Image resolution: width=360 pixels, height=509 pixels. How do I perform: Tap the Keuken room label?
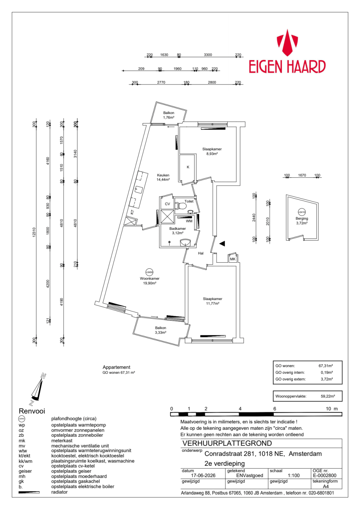pyautogui.click(x=163, y=175)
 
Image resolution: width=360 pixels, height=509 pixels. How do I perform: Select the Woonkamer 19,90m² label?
pyautogui.click(x=149, y=281)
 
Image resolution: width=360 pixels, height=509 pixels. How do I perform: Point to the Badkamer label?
pyautogui.click(x=177, y=228)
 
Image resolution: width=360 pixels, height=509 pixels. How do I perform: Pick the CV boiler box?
pyautogui.click(x=167, y=204)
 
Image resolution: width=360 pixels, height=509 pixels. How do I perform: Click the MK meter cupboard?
pyautogui.click(x=233, y=259)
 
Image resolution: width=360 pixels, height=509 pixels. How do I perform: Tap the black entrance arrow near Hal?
pyautogui.click(x=222, y=244)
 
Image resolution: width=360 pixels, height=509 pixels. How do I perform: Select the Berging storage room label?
pyautogui.click(x=302, y=219)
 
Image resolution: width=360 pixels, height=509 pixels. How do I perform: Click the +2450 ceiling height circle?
pyautogui.click(x=149, y=272)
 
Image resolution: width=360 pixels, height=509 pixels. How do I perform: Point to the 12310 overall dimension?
pyautogui.click(x=34, y=232)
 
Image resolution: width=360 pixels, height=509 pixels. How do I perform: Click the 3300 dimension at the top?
pyautogui.click(x=208, y=55)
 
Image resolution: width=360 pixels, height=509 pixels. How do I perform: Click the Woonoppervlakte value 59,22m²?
pyautogui.click(x=328, y=396)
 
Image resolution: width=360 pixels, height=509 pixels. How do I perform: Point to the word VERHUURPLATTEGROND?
pyautogui.click(x=227, y=443)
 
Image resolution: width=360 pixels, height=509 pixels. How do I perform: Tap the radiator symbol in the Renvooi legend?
pyautogui.click(x=29, y=492)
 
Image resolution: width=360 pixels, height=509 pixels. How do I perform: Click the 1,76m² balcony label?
pyautogui.click(x=168, y=118)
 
